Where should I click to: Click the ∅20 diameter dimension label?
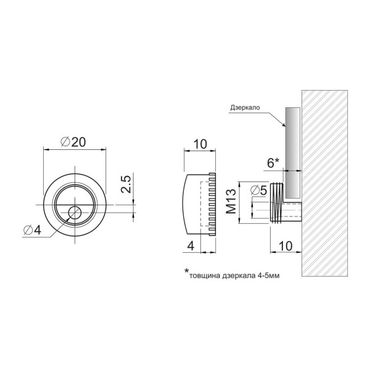[73, 142]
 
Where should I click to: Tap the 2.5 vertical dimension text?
[126, 184]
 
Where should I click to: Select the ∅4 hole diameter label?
[32, 230]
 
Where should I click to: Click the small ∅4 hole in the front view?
[75, 212]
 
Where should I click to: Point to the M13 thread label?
[231, 201]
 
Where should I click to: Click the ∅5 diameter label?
[259, 190]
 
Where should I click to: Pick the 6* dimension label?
[273, 163]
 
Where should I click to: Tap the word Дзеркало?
[245, 107]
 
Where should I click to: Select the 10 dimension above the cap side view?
[200, 144]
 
